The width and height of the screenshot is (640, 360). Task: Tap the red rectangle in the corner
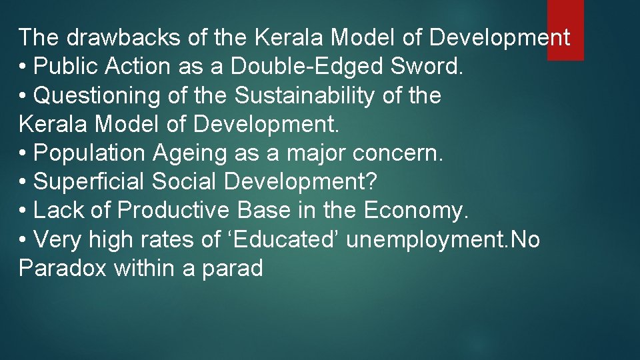(565, 29)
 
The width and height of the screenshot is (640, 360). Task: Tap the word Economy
(417, 211)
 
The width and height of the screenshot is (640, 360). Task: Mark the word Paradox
(63, 269)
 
